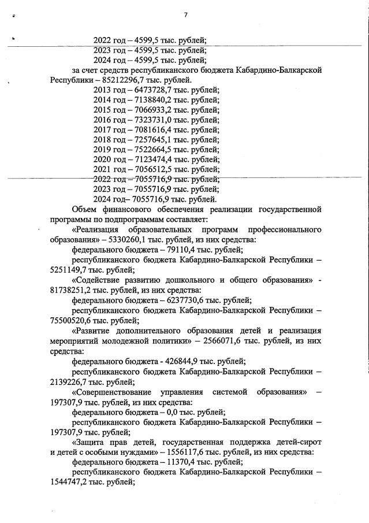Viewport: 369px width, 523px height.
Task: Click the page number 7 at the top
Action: click(185, 14)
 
